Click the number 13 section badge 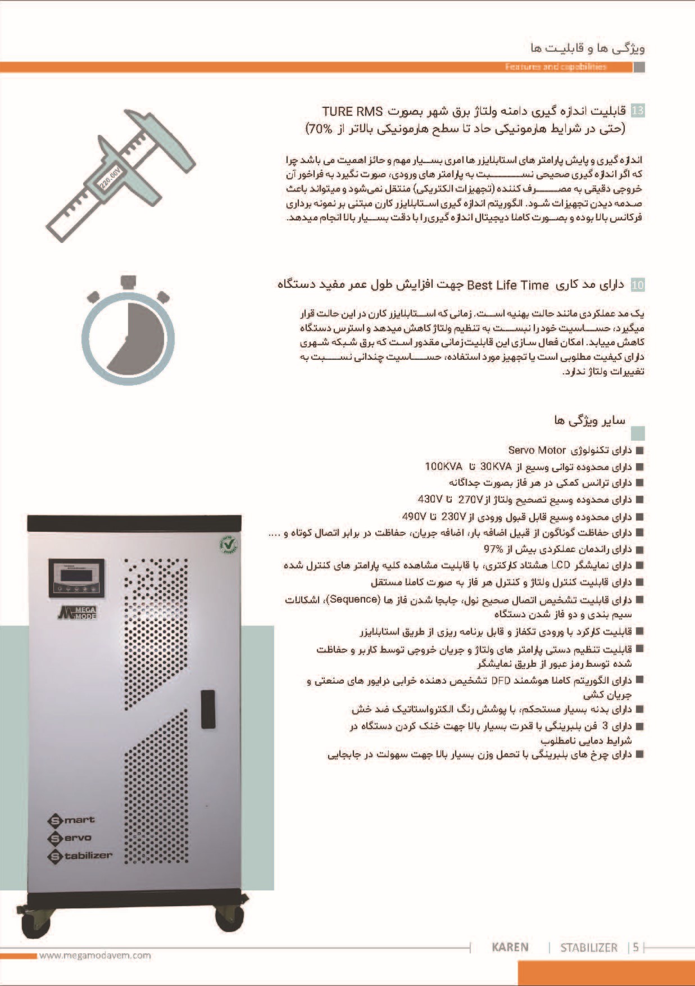[x=638, y=111]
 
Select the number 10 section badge [x=638, y=285]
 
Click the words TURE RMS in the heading [x=352, y=111]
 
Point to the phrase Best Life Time [x=507, y=285]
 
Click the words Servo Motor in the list [x=537, y=450]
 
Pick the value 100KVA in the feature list [x=443, y=467]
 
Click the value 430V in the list [x=430, y=499]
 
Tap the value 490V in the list [x=414, y=516]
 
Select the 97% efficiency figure [x=493, y=549]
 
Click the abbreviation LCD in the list [x=561, y=565]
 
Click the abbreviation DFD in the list [x=501, y=680]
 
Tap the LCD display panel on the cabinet [x=76, y=577]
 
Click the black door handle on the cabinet [x=208, y=709]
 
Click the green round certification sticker [x=228, y=545]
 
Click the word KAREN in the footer [x=510, y=947]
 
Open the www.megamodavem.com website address [x=95, y=955]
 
